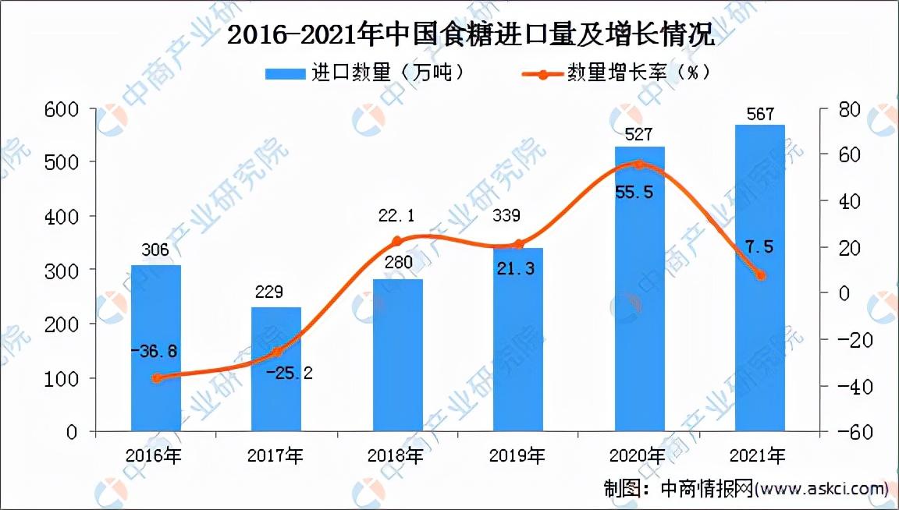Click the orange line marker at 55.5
click(639, 165)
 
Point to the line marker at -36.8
click(157, 377)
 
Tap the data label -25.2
click(289, 374)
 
